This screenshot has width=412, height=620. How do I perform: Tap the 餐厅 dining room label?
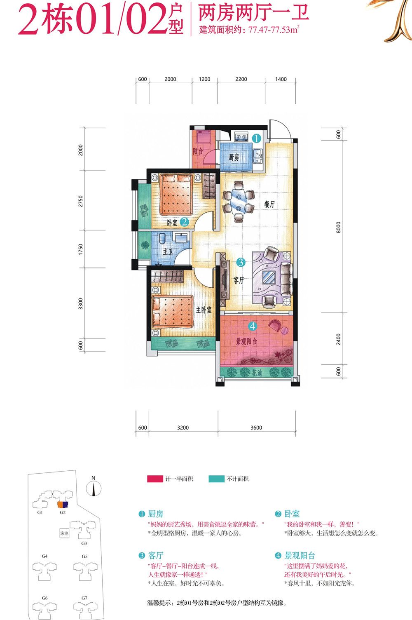click(x=269, y=204)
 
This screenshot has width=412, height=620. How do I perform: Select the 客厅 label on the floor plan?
click(x=239, y=280)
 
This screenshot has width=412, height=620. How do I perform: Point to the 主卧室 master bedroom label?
click(x=204, y=310)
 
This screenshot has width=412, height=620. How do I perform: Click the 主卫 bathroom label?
click(x=168, y=252)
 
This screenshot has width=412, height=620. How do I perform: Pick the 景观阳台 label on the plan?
click(x=246, y=341)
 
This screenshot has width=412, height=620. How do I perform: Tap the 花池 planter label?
click(x=257, y=373)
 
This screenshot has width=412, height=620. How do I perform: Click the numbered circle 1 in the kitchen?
click(x=257, y=138)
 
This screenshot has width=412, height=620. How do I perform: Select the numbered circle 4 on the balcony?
click(x=253, y=326)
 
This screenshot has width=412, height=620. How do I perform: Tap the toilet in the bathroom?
click(x=162, y=239)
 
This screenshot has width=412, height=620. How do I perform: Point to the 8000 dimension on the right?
click(x=338, y=227)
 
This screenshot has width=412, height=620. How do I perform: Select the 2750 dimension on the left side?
click(x=80, y=201)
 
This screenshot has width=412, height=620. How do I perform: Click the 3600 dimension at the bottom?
click(x=256, y=427)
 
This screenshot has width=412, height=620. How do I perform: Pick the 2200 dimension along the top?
click(x=241, y=79)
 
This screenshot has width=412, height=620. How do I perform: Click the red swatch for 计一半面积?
click(x=155, y=479)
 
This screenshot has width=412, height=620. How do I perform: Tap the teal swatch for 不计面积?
click(x=216, y=479)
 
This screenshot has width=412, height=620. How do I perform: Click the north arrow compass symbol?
click(x=94, y=488)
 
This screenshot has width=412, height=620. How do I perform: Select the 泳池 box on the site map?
click(x=64, y=533)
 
